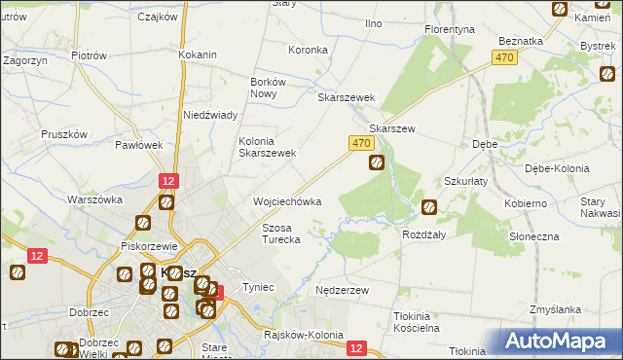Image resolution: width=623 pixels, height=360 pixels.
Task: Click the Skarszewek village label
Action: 347,97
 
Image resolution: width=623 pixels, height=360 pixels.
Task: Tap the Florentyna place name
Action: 449,29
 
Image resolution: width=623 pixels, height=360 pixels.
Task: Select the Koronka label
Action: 308,49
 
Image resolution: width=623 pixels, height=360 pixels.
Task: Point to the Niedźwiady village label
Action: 211,115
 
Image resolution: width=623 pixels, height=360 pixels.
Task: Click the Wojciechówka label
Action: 287,201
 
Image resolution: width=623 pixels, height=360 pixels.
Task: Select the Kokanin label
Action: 198,54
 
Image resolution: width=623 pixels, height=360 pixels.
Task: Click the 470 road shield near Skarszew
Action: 360,143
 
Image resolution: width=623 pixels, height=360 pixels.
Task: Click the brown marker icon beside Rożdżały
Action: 429,206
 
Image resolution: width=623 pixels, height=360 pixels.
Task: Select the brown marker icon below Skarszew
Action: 376,163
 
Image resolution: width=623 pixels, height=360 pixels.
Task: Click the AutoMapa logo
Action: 560,341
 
